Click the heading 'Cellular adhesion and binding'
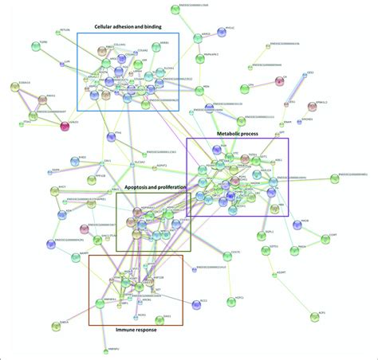pyautogui.click(x=130, y=26)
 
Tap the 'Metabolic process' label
pyautogui.click(x=238, y=134)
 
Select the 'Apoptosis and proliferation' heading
pyautogui.click(x=155, y=187)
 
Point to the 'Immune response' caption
pyautogui.click(x=135, y=331)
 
